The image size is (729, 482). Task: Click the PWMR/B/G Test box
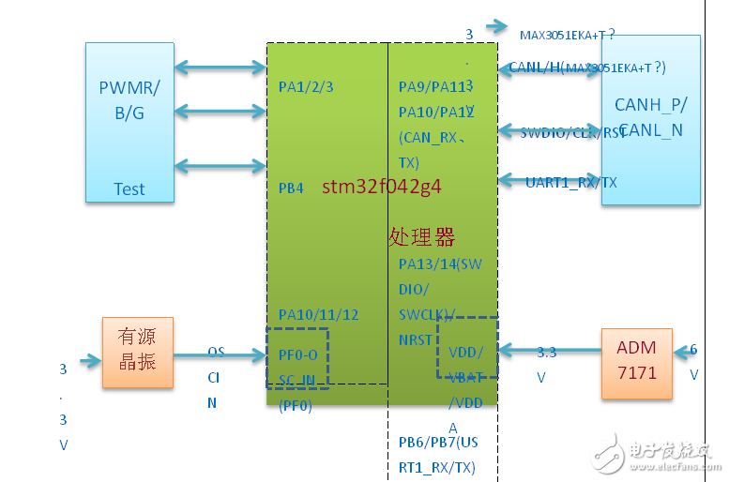[x=129, y=122]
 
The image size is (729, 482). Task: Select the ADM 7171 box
[x=636, y=360]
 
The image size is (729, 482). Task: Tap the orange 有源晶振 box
[x=137, y=351]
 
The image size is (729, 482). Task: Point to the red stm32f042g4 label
[x=382, y=186]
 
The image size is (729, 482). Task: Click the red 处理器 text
[x=421, y=235]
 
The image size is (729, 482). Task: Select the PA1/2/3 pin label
[x=306, y=86]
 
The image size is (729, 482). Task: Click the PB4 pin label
[x=291, y=188]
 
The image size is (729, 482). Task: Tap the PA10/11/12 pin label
[x=318, y=315]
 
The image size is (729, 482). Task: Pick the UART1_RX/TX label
[x=571, y=183]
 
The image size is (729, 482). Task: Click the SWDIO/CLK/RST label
[x=572, y=133]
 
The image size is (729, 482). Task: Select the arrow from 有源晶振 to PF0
[x=220, y=354]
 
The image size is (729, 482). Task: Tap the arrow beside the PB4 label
[x=220, y=167]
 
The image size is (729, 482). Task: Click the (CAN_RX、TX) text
[x=428, y=150]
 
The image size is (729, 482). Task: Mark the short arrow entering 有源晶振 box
[x=90, y=360]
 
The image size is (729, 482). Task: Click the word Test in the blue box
[x=129, y=188]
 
